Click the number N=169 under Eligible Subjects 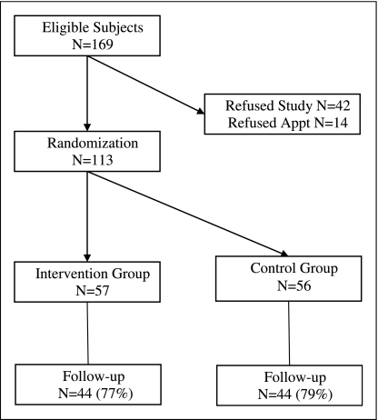(93, 45)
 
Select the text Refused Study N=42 (288, 106)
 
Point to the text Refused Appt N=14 (288, 123)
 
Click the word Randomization (93, 143)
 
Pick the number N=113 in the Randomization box (93, 160)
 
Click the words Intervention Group (93, 274)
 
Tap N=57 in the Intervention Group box (93, 291)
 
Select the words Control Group (294, 269)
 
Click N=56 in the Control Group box (294, 285)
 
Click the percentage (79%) (314, 395)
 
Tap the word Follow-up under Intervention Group (94, 376)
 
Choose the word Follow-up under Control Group (295, 377)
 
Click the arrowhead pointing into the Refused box (201, 111)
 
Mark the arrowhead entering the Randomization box (87, 127)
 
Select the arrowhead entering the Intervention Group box (87, 257)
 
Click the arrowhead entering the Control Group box (284, 254)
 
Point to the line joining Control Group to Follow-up (289, 334)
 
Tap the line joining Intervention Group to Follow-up (88, 334)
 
